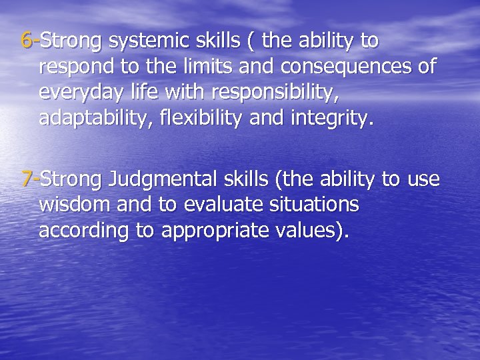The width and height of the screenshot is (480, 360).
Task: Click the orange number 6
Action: click(x=27, y=41)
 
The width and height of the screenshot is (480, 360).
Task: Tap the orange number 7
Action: click(x=27, y=178)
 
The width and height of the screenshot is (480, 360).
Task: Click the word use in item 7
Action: click(x=422, y=178)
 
